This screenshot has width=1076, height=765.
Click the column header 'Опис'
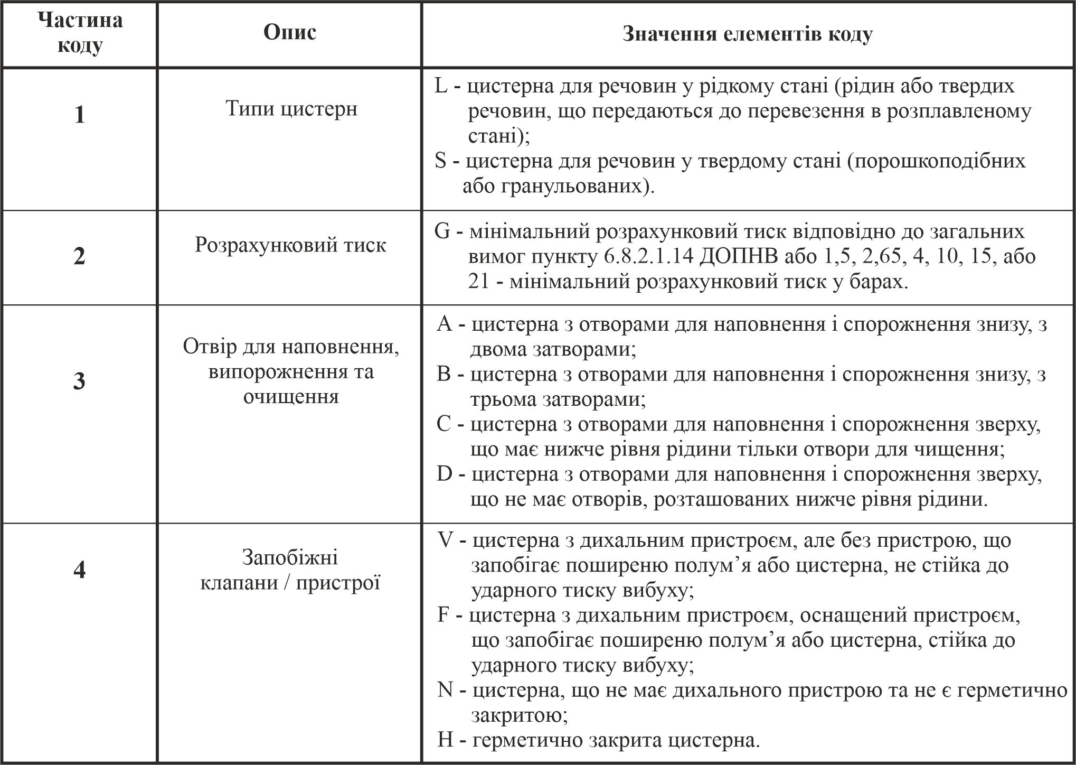coord(290,33)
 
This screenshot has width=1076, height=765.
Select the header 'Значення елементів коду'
coord(747,34)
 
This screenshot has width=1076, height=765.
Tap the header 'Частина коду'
coord(80,33)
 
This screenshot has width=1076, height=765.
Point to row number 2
coord(79,256)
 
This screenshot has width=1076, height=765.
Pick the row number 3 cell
coord(79,381)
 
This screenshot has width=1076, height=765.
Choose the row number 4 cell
coord(79,570)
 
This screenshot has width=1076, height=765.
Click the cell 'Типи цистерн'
coord(291,109)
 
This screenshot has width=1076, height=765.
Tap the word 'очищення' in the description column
coord(291,396)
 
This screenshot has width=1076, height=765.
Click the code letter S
coord(441,161)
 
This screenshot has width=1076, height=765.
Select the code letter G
coord(442,232)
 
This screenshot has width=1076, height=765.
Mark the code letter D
coord(445,474)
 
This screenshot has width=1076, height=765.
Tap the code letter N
coord(445,691)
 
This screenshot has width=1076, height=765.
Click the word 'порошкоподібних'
coord(936,161)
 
